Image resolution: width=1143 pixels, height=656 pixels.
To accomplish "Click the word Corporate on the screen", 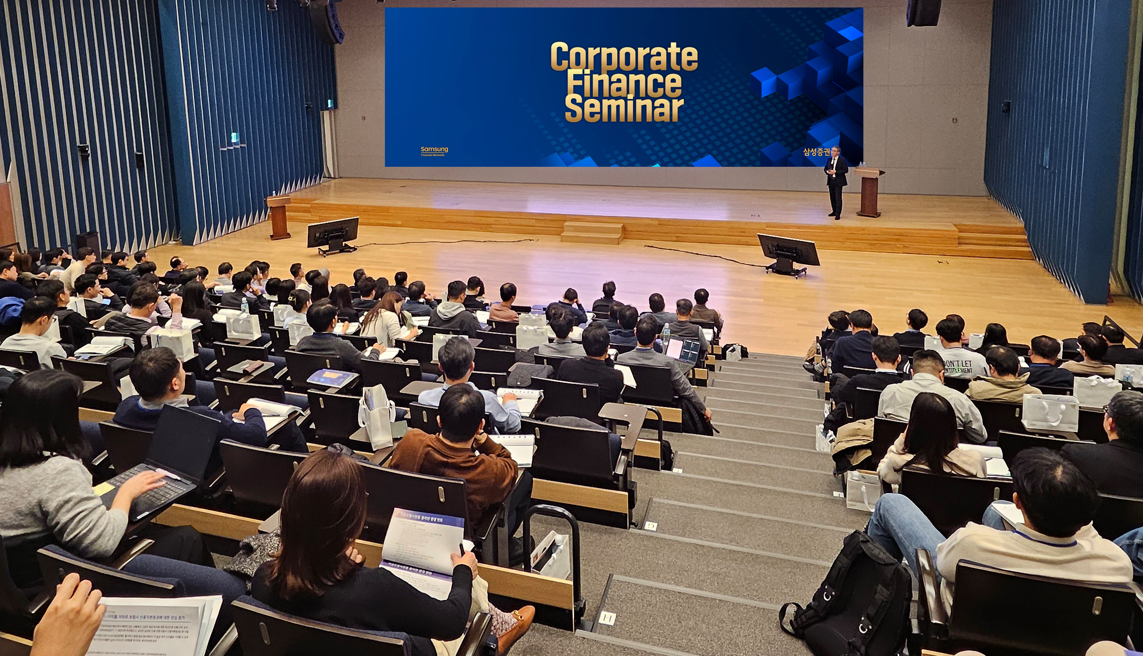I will click(624, 57).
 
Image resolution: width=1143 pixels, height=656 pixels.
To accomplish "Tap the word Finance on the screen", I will click(624, 84).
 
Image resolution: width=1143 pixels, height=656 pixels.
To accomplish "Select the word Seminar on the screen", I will click(624, 109).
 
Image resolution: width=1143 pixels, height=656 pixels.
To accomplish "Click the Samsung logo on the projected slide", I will click(434, 150).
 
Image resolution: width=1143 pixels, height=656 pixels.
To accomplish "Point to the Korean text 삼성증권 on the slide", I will click(816, 152).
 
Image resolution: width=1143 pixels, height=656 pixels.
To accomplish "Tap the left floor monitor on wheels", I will click(333, 234).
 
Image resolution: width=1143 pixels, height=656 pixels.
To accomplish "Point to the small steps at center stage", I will click(592, 232).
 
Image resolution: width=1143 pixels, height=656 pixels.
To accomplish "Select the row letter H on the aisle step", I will click(607, 618).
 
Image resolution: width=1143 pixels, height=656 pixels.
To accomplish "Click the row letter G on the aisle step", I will click(651, 526).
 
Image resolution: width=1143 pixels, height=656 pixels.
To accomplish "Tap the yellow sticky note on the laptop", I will click(103, 489).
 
